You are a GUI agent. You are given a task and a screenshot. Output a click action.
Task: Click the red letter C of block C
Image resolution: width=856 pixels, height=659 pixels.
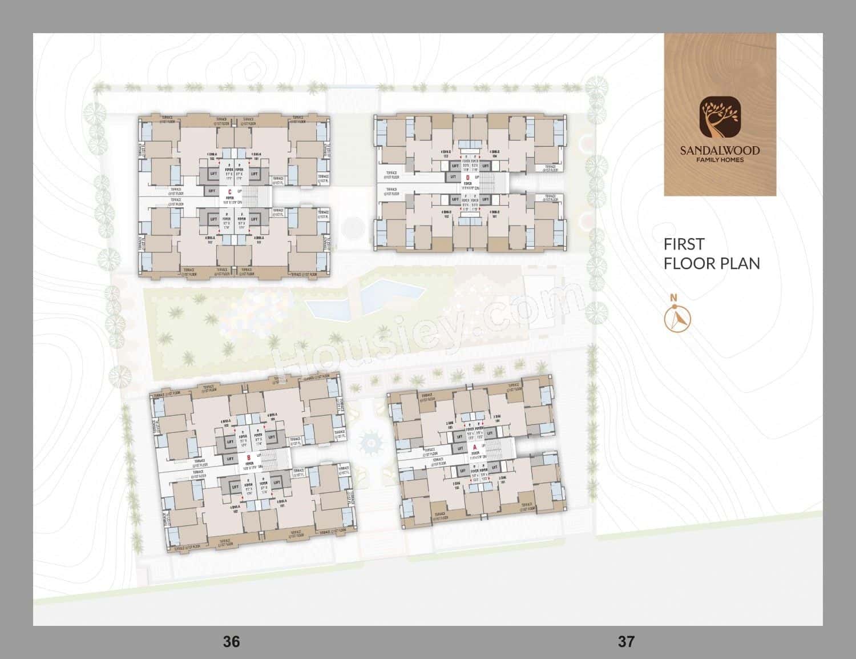click(x=229, y=192)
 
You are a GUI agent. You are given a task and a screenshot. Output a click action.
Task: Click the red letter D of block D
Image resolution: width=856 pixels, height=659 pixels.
click(x=467, y=177)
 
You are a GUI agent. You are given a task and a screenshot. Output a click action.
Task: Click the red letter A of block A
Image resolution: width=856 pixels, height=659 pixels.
click(x=475, y=448)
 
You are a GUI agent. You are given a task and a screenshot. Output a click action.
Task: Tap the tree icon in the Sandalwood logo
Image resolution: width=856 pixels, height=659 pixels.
click(x=720, y=119)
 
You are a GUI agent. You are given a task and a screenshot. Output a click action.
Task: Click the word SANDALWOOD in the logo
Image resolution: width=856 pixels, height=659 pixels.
click(x=720, y=151)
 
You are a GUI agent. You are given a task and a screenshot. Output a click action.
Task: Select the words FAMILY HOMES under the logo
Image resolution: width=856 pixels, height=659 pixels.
click(x=720, y=160)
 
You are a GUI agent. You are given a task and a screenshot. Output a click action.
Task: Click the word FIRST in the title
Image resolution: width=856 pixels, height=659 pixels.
click(x=684, y=244)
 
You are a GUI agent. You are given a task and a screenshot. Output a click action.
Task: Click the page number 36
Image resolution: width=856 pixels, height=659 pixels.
click(x=231, y=641)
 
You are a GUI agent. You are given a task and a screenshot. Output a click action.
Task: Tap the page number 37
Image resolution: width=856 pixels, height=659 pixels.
click(x=626, y=641)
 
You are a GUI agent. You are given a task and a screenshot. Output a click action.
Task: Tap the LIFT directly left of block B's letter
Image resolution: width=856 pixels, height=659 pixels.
click(x=231, y=459)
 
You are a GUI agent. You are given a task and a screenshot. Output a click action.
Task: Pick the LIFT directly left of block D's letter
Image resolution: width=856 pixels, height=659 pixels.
click(x=453, y=178)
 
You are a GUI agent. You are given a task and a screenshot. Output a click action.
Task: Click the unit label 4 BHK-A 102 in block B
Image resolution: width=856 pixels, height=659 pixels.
click(x=235, y=508)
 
